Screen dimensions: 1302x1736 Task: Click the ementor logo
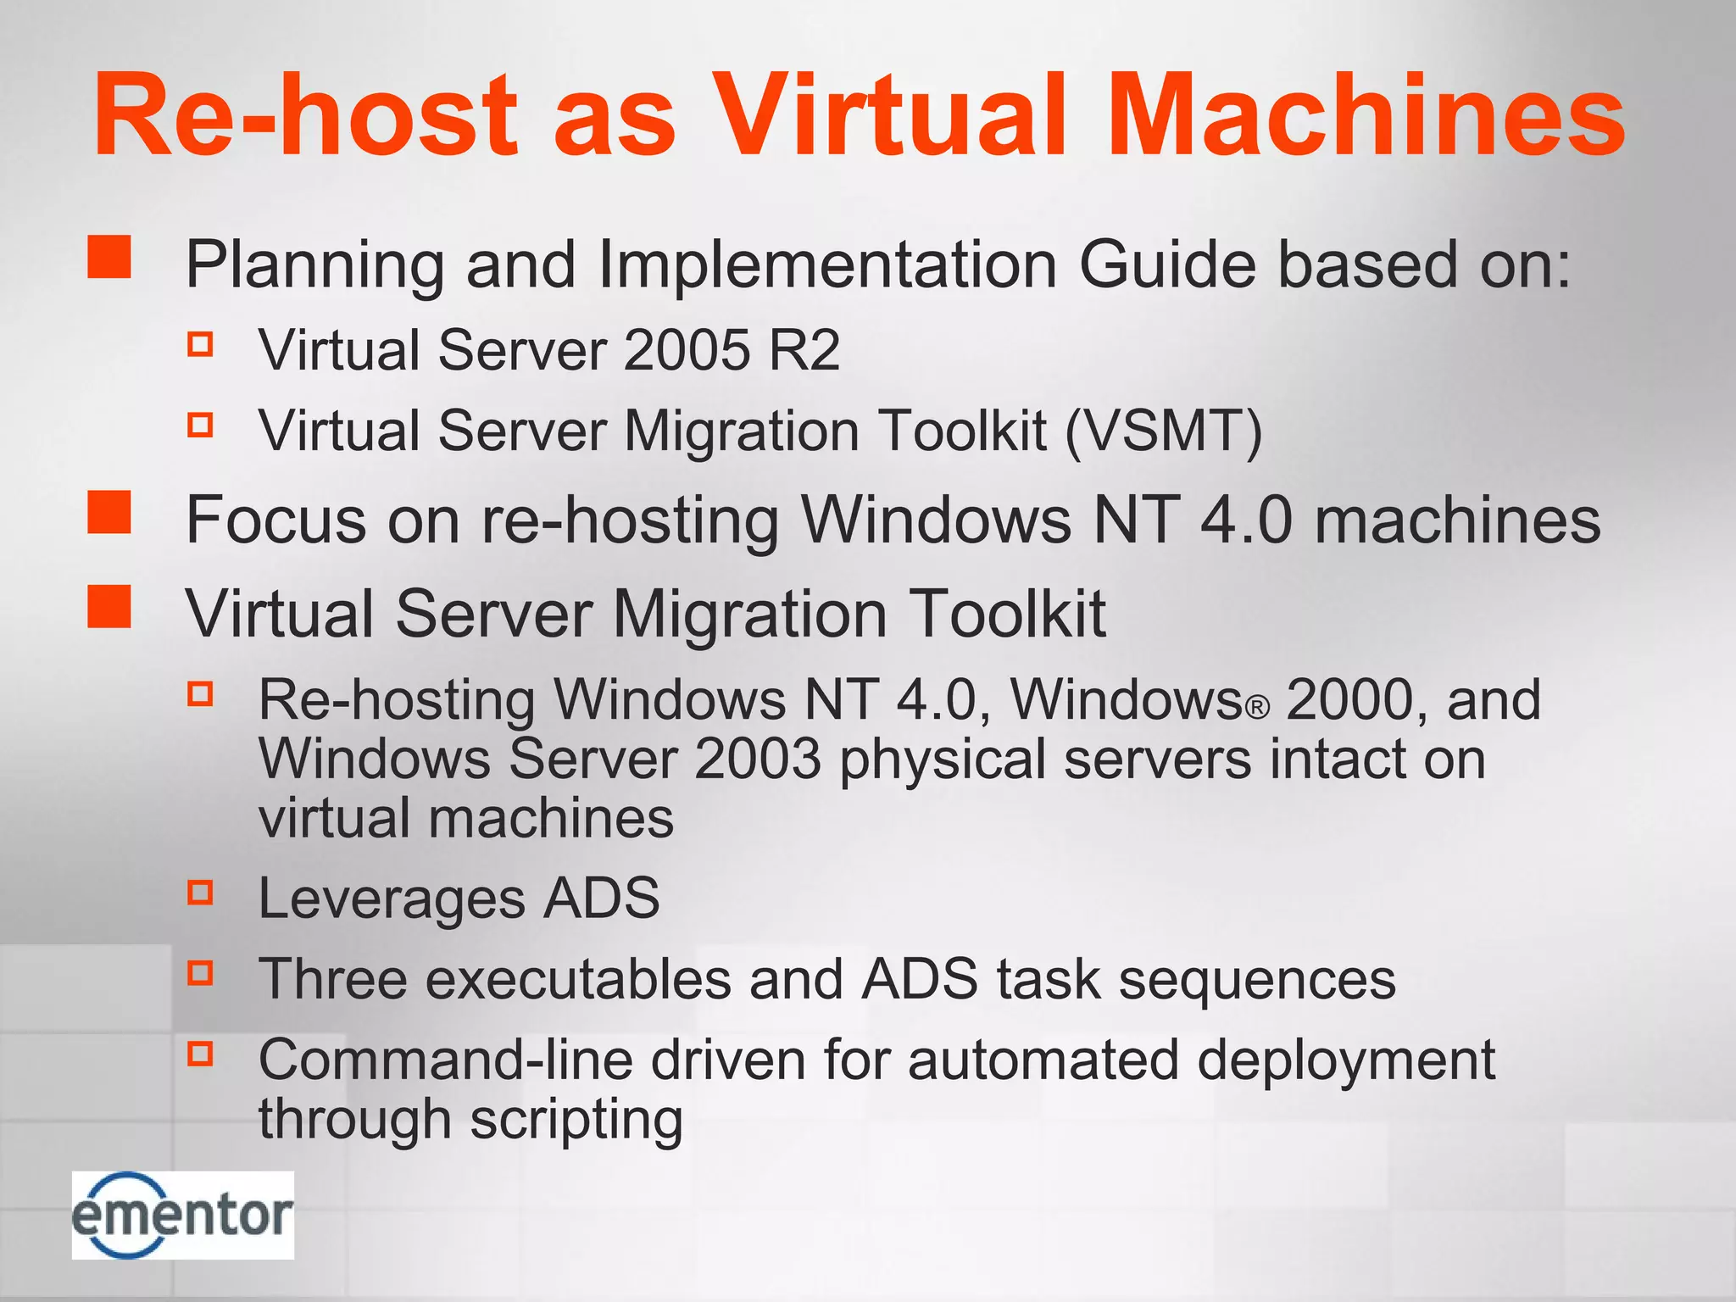[182, 1214]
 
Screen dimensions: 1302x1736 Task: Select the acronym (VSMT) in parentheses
[1164, 431]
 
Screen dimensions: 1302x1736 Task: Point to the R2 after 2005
[804, 349]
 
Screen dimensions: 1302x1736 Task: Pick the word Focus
[275, 519]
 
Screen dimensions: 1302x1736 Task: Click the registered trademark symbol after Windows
[1259, 708]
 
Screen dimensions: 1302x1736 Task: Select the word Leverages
[391, 898]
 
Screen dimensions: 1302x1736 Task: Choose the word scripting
[576, 1121]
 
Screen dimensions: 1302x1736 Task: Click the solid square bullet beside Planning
[109, 257]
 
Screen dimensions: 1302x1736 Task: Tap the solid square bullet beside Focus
[109, 512]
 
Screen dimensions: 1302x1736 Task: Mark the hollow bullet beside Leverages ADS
[200, 892]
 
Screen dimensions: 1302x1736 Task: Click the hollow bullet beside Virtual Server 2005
[200, 343]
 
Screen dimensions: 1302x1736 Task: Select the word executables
[578, 979]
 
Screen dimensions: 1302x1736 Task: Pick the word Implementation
[827, 264]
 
